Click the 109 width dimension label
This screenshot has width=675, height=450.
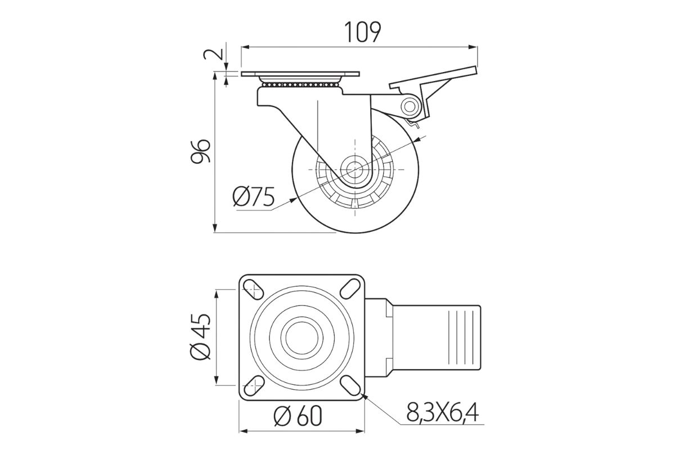362,32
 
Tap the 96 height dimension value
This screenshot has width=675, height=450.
200,151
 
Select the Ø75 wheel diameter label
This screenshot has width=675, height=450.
254,196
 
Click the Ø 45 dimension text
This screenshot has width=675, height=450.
200,337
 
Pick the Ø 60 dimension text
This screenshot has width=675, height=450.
298,416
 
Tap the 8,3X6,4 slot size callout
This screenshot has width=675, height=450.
442,412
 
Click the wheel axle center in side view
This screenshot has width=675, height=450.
355,170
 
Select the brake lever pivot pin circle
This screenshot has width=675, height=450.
409,106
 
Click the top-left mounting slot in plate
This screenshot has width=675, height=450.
253,289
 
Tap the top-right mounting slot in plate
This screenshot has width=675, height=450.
350,289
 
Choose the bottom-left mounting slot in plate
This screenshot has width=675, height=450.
254,385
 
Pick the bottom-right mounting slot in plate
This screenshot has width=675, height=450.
350,385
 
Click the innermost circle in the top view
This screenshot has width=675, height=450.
302,337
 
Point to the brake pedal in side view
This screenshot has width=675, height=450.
433,91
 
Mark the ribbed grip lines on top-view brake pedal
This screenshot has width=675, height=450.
460,337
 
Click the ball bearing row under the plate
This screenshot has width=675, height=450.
300,85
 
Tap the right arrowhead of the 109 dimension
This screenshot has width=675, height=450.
474,47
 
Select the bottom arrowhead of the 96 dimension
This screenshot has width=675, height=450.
215,228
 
